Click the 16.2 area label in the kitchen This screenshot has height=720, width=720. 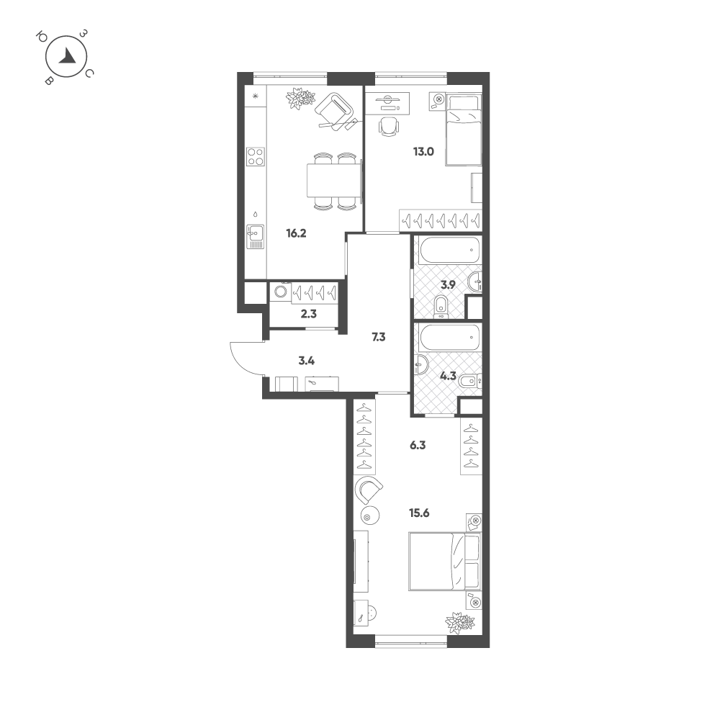296,233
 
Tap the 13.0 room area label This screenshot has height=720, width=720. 423,151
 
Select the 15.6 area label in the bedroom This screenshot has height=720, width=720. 419,513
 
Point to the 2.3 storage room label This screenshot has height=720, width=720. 309,314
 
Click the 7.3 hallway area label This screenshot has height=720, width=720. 379,338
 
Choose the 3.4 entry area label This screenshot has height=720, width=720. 306,361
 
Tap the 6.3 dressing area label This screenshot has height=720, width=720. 418,446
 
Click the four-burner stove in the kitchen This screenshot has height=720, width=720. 256,156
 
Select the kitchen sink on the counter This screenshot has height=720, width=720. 256,236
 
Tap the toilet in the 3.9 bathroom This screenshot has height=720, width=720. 441,307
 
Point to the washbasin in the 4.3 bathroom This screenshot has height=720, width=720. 420,366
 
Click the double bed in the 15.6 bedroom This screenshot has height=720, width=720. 444,561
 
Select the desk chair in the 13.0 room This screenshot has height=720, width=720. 389,126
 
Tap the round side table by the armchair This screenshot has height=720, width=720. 369,516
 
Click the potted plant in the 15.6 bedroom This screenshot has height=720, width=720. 460,623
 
